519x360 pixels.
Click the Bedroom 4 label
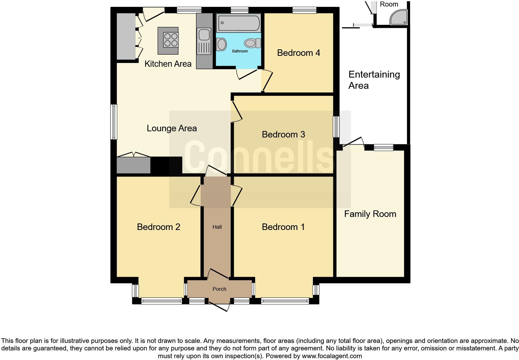pos(298,53)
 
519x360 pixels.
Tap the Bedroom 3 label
pos(283,134)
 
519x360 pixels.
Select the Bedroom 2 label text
pos(158,227)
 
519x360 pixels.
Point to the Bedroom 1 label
pos(283,227)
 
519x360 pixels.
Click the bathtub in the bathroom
pos(238,23)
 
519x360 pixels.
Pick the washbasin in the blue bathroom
pos(222,44)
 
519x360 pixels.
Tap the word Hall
pos(217,227)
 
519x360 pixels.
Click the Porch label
pos(219,289)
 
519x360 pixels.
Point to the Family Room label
pos(370,214)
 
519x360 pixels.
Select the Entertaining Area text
pos(374,80)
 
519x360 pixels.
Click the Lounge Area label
pos(172,128)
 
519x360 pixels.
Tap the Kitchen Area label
pos(168,64)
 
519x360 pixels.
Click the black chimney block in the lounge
pos(166,165)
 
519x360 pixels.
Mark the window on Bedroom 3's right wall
pos(336,127)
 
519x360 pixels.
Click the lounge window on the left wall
pos(114,122)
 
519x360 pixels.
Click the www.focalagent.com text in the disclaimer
pos(332,356)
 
